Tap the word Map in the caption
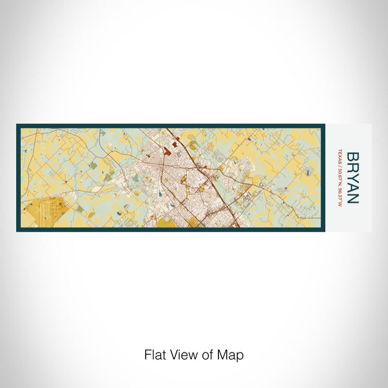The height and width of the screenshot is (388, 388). pos(233,354)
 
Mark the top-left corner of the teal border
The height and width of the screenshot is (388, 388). pos(17,125)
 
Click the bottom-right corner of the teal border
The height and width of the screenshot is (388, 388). pos(324,231)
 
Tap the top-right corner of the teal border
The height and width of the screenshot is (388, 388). pos(324,125)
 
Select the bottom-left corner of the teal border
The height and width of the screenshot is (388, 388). pos(17,231)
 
